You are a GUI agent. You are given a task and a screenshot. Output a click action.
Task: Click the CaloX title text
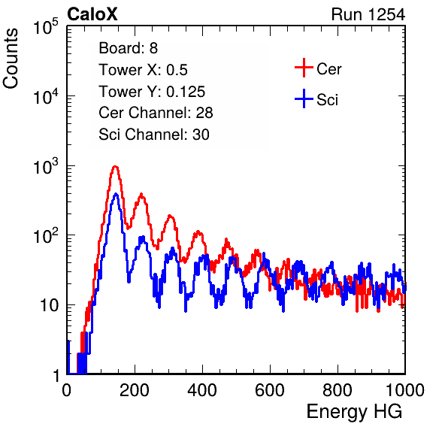pyautogui.click(x=92, y=14)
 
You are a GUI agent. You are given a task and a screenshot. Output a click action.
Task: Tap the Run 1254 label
pyautogui.click(x=368, y=14)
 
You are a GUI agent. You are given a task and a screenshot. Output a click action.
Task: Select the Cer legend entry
pyautogui.click(x=318, y=68)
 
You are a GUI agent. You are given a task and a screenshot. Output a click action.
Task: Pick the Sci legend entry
pyautogui.click(x=316, y=99)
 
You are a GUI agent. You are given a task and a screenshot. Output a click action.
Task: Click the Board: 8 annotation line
pyautogui.click(x=129, y=48)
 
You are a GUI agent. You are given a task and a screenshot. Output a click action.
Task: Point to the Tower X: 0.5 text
pyautogui.click(x=143, y=70)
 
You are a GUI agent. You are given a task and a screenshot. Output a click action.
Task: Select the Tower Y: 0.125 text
pyautogui.click(x=152, y=92)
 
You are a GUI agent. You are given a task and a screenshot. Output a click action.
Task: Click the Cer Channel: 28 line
pyautogui.click(x=156, y=113)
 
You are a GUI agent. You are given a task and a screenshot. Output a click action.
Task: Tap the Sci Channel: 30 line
pyautogui.click(x=154, y=135)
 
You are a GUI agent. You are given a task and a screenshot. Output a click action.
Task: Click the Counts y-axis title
pyautogui.click(x=11, y=58)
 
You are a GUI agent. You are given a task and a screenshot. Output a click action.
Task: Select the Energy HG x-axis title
pyautogui.click(x=354, y=412)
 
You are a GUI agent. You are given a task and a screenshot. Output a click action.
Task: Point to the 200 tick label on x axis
pyautogui.click(x=135, y=390)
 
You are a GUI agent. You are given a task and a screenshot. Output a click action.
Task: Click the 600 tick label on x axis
pyautogui.click(x=270, y=390)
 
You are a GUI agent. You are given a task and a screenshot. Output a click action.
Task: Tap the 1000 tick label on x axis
pyautogui.click(x=405, y=390)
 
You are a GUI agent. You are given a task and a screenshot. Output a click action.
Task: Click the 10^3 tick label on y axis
pyautogui.click(x=46, y=167)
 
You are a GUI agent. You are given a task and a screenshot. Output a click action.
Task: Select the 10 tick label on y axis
pyautogui.click(x=49, y=305)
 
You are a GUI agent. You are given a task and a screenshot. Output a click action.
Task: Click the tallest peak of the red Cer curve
pyautogui.click(x=115, y=166)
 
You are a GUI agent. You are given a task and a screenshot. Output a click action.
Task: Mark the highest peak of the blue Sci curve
pyautogui.click(x=116, y=194)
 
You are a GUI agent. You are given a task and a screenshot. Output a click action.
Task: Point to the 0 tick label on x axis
pyautogui.click(x=67, y=390)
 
